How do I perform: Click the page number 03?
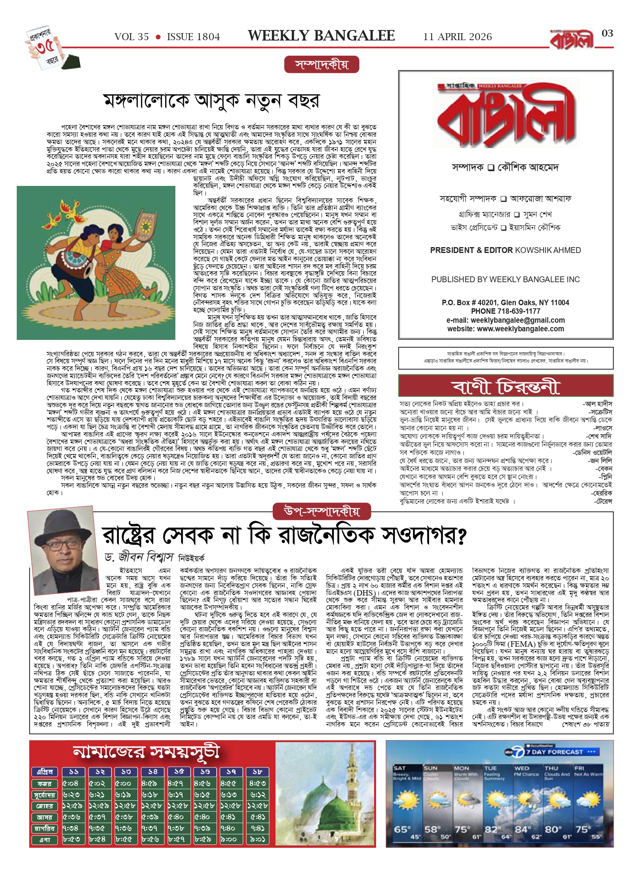[x=607, y=34]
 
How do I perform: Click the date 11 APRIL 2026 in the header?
[x=457, y=37]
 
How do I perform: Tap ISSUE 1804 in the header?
[x=193, y=37]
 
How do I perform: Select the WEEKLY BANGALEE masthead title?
[x=321, y=36]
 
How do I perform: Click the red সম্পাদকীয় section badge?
[x=321, y=65]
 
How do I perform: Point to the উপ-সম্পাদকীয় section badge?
[x=321, y=511]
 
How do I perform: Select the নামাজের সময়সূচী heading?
[x=146, y=753]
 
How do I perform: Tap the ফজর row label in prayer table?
[x=45, y=784]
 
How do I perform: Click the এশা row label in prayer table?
[x=45, y=840]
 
